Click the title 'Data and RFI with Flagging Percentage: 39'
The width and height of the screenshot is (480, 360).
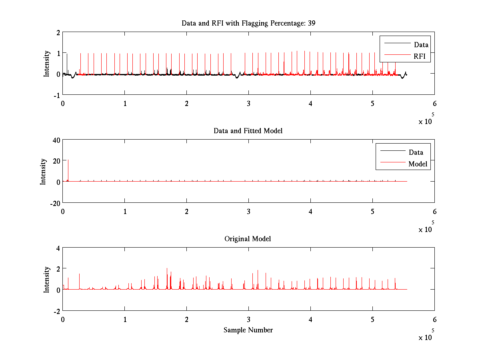click(x=248, y=23)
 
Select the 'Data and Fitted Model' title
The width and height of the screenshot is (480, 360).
click(x=248, y=131)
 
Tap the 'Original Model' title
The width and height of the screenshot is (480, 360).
click(x=248, y=239)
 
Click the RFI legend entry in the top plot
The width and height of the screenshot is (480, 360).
click(x=422, y=57)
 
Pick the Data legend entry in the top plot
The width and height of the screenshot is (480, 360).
click(x=421, y=45)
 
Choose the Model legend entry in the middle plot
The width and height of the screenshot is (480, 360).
click(x=418, y=164)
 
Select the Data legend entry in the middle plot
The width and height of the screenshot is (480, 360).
click(x=416, y=152)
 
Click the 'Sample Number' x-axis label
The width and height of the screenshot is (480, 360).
click(x=248, y=330)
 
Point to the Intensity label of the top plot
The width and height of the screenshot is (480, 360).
click(x=47, y=63)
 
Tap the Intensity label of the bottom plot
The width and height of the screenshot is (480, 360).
click(x=47, y=279)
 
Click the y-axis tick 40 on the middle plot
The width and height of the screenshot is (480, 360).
click(x=56, y=140)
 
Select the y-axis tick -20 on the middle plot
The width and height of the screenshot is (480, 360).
click(x=54, y=203)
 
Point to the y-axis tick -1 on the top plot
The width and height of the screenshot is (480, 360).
click(x=57, y=95)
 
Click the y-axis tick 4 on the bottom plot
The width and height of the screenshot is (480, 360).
click(x=58, y=248)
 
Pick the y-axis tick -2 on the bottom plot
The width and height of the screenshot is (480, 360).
click(x=57, y=311)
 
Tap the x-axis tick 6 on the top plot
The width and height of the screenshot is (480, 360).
click(x=434, y=103)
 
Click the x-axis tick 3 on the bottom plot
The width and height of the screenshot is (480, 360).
click(x=249, y=319)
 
